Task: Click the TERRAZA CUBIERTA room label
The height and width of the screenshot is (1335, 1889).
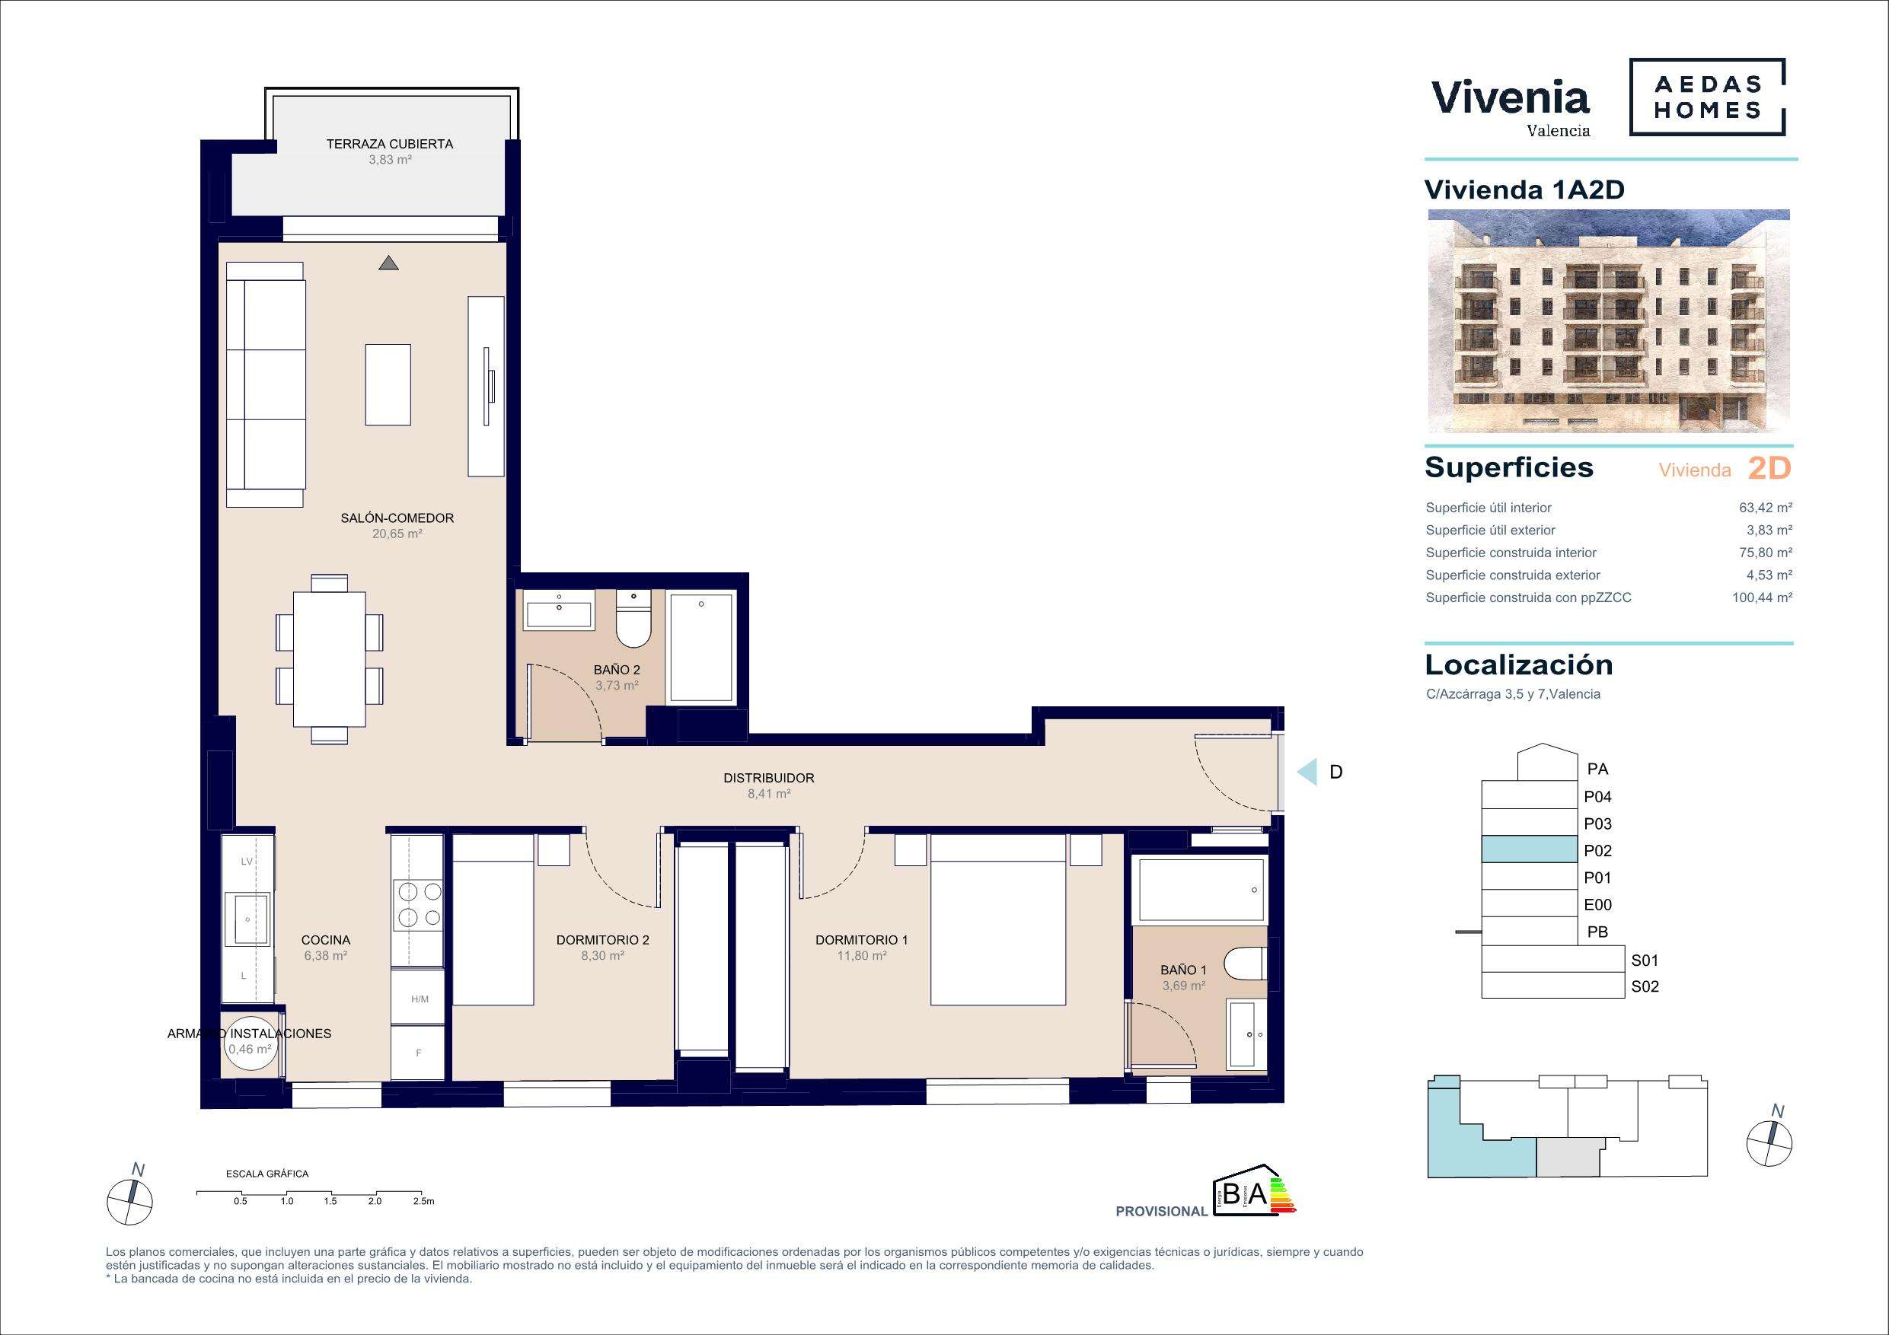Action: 389,144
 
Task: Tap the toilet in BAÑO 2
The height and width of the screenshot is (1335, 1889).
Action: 633,618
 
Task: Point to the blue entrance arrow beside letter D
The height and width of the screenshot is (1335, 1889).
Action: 1307,773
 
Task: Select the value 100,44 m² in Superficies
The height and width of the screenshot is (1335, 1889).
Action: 1763,598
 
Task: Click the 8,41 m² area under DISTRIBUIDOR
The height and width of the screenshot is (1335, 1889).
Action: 768,794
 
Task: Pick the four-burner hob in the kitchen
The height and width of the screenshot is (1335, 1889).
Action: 419,904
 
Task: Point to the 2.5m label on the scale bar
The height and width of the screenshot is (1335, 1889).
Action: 423,1202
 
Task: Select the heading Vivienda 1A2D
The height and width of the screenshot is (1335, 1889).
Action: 1524,190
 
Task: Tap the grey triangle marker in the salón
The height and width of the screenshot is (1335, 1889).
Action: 389,263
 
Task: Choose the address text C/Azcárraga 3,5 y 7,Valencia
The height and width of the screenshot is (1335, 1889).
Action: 1513,694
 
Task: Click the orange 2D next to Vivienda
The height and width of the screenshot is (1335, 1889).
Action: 1769,468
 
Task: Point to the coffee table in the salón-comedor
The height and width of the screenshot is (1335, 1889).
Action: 388,385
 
